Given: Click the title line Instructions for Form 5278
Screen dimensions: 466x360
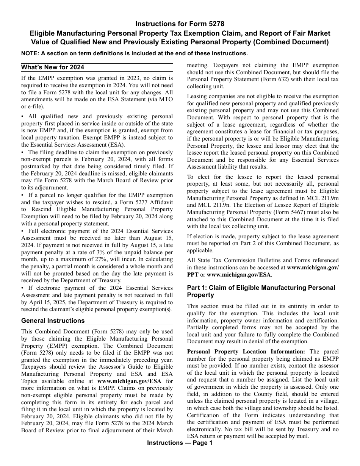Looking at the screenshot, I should pyautogui.click(x=180, y=24).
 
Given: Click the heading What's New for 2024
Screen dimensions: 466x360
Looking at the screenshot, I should pyautogui.click(x=53, y=67).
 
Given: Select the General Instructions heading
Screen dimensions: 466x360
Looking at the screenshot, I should pyautogui.click(x=53, y=321).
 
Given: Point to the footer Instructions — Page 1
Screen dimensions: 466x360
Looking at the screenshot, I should pyautogui.click(x=180, y=443).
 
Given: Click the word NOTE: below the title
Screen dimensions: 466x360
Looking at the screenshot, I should pyautogui.click(x=30, y=53).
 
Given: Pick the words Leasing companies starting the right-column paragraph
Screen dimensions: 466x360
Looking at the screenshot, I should pyautogui.click(x=208, y=96).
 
